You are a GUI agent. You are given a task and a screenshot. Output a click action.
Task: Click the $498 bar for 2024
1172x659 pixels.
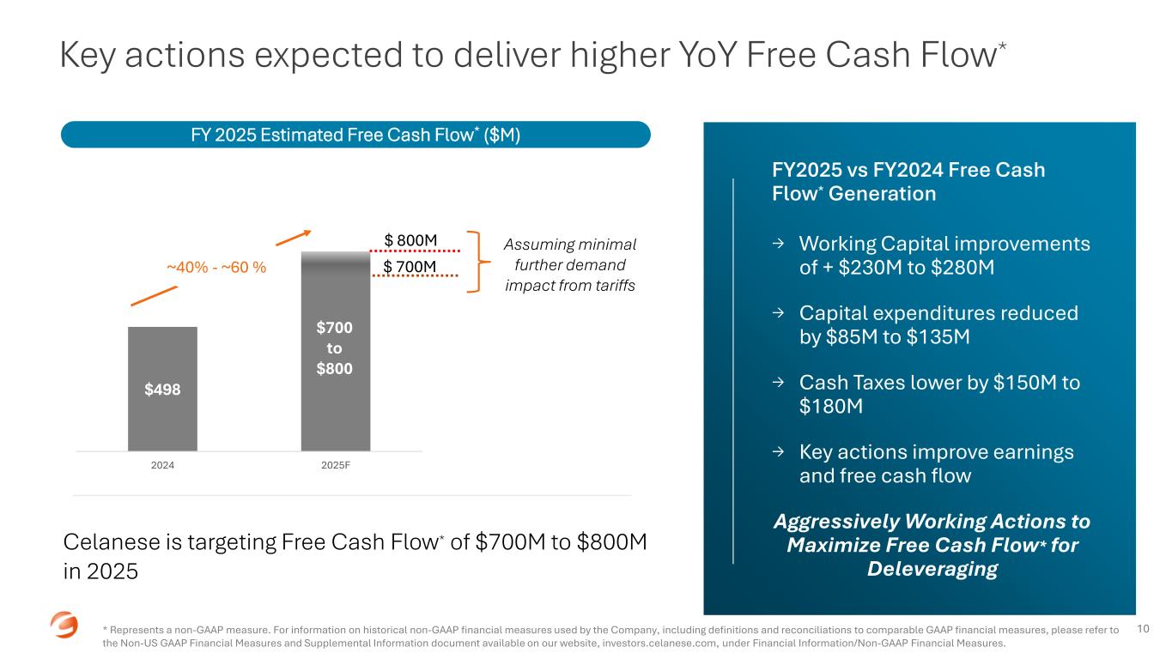coord(163,389)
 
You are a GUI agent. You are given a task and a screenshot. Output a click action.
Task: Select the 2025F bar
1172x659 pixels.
coord(336,351)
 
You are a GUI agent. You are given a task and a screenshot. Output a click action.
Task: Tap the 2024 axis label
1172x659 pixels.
coord(162,465)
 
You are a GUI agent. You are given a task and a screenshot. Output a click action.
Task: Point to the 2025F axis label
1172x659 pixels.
coord(336,465)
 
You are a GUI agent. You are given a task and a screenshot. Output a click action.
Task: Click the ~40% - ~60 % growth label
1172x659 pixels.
coord(216,267)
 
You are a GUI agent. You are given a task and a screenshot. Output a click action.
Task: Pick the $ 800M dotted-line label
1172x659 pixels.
coord(410,240)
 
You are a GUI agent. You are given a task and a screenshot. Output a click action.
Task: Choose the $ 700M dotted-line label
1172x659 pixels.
coord(410,267)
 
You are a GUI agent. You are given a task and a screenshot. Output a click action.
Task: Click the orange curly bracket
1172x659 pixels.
coord(478,262)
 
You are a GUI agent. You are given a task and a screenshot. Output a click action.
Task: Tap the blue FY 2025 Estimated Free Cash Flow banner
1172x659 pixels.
coord(355,135)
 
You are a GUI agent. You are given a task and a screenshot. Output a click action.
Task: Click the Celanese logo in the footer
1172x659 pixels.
coord(64,625)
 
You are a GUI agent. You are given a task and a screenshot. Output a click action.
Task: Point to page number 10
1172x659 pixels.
coord(1143,629)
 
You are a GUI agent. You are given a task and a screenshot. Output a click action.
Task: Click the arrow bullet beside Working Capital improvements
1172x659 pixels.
coord(779,243)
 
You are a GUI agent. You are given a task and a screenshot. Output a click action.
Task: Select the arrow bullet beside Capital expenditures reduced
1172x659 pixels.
coord(779,312)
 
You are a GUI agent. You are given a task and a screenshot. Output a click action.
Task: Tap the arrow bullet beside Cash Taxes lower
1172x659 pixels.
coord(779,383)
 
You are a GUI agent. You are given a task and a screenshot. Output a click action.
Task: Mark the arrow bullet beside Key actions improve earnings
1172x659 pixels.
coord(779,452)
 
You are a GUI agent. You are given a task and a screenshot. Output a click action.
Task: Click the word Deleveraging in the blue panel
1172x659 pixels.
coord(932,569)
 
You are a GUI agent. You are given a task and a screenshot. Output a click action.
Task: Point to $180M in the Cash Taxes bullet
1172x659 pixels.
coord(831,407)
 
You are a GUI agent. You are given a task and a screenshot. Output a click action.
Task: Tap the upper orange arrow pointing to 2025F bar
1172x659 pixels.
coord(294,238)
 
